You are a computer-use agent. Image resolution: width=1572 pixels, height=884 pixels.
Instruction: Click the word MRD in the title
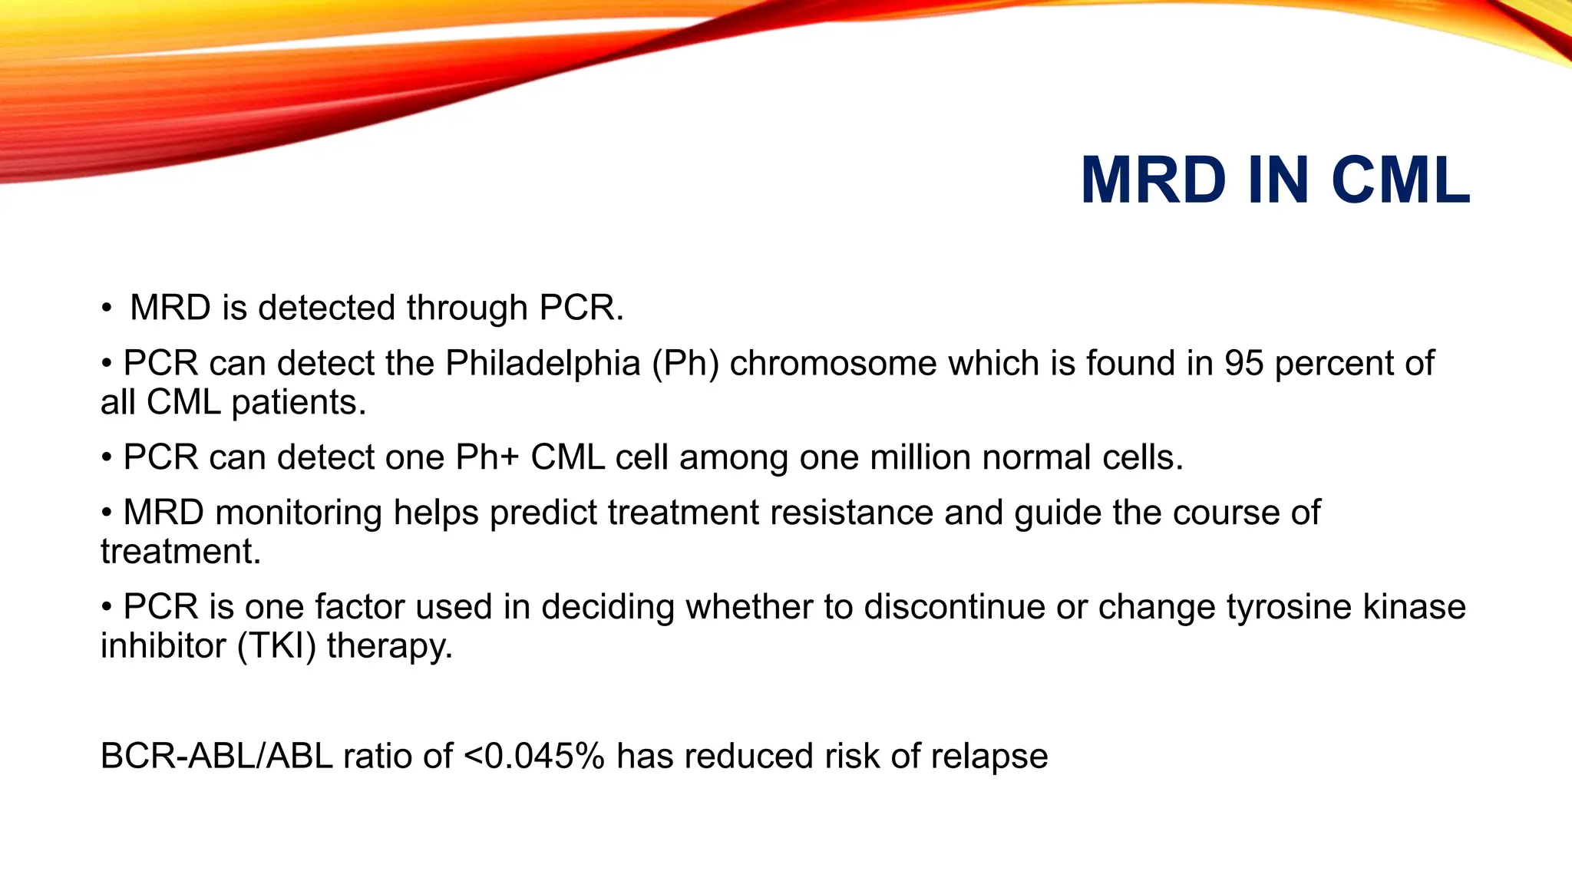tap(1153, 181)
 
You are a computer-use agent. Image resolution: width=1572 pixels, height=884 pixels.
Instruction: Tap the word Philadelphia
tap(543, 363)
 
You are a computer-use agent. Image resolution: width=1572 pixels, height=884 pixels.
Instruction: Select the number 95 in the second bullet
tap(1243, 363)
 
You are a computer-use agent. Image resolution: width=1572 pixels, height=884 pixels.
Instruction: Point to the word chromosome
tap(833, 363)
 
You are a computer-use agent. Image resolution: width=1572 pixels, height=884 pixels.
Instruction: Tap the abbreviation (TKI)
tap(276, 646)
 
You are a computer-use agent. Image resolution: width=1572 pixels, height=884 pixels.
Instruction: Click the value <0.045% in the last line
tap(534, 757)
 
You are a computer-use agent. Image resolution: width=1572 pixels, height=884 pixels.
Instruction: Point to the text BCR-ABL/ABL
tap(216, 757)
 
